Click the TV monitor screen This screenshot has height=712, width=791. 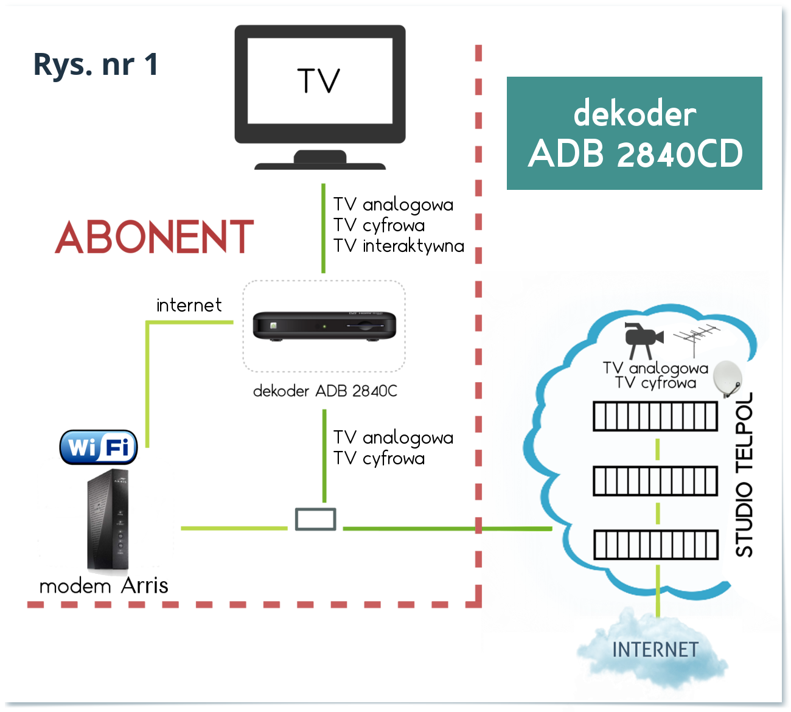[x=319, y=82]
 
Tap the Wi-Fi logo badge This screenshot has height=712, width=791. [x=99, y=447]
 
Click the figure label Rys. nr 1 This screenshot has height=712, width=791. [x=96, y=65]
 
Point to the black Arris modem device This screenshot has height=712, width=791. [x=108, y=521]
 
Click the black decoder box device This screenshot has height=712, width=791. [x=324, y=326]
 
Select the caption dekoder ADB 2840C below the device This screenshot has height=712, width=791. [x=325, y=391]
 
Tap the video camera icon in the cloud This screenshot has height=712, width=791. [x=642, y=339]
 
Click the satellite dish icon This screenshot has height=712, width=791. [x=728, y=378]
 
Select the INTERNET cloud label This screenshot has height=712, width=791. [x=655, y=650]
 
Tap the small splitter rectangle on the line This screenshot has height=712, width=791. [x=315, y=519]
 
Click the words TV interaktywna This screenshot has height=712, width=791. [x=399, y=246]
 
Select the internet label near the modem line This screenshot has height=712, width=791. [x=189, y=305]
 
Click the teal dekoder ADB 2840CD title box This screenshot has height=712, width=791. [x=634, y=133]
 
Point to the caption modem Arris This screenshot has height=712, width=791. [x=103, y=585]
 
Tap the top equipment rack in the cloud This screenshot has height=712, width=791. [x=655, y=416]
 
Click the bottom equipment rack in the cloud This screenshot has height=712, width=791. [x=655, y=545]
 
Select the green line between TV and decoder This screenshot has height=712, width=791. [x=323, y=228]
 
